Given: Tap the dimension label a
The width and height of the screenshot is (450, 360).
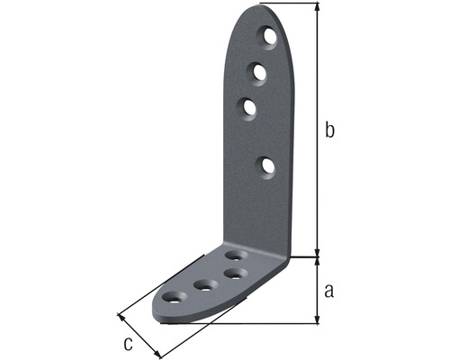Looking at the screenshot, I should point(329,290).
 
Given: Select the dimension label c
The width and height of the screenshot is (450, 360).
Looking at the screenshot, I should point(129,343).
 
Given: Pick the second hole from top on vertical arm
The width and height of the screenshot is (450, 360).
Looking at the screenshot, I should point(257,70).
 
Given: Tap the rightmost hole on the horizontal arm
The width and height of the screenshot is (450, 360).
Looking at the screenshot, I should point(236,272).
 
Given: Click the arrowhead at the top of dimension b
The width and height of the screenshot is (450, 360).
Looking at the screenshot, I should point(317,8).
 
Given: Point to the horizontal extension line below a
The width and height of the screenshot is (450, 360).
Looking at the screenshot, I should point(270,322).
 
